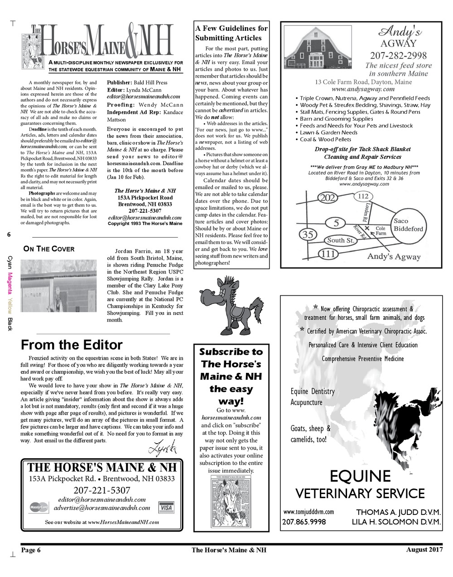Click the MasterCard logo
(x=39, y=508)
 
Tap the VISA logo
(x=166, y=508)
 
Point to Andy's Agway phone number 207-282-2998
(x=398, y=55)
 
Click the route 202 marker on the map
(x=326, y=198)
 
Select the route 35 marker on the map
(x=308, y=235)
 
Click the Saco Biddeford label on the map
(x=408, y=225)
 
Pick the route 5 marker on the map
(x=336, y=223)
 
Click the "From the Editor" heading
(x=72, y=345)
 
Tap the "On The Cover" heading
(x=49, y=249)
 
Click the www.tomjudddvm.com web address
(x=309, y=512)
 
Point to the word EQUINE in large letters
(x=360, y=476)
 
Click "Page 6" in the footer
(x=31, y=550)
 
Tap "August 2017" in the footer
(x=424, y=549)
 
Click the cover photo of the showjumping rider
(x=59, y=292)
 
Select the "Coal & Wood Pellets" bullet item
(x=325, y=139)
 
